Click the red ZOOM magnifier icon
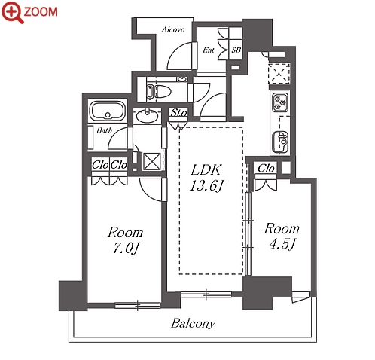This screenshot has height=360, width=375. coord(12,12)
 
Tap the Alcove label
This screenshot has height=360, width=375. coord(173,29)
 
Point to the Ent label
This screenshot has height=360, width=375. coord(209,50)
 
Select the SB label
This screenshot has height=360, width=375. coord(236,50)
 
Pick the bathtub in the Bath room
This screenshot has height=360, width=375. coord(108,111)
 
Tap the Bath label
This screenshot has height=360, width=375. coord(105,130)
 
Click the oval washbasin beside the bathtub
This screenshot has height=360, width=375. coord(147,116)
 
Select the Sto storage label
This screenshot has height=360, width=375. coord(178,113)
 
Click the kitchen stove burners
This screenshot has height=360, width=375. coord(280,102)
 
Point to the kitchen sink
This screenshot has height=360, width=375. coord(280,142)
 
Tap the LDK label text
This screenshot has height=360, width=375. coord(206,170)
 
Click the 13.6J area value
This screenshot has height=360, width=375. coord(206,186)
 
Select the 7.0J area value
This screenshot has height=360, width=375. coord(126,249)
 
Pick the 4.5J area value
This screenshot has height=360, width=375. coord(282,244)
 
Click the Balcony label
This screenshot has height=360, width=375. coord(194,323)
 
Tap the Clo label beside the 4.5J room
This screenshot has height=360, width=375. coord(266,168)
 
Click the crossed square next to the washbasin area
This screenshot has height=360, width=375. coord(151,161)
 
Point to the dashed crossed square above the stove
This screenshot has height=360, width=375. coord(279,74)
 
